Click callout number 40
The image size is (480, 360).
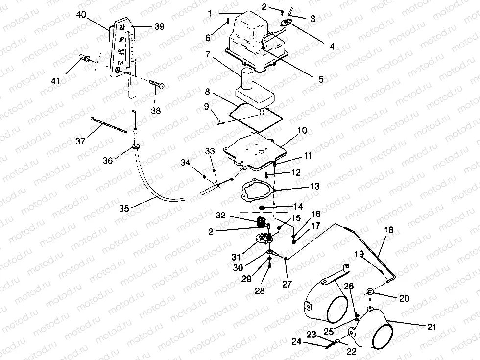coord(81,15)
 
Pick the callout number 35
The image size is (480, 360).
coord(124,207)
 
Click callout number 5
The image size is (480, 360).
coord(321,79)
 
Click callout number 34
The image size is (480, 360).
coord(185,162)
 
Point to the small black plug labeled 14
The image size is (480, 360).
coord(263,209)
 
